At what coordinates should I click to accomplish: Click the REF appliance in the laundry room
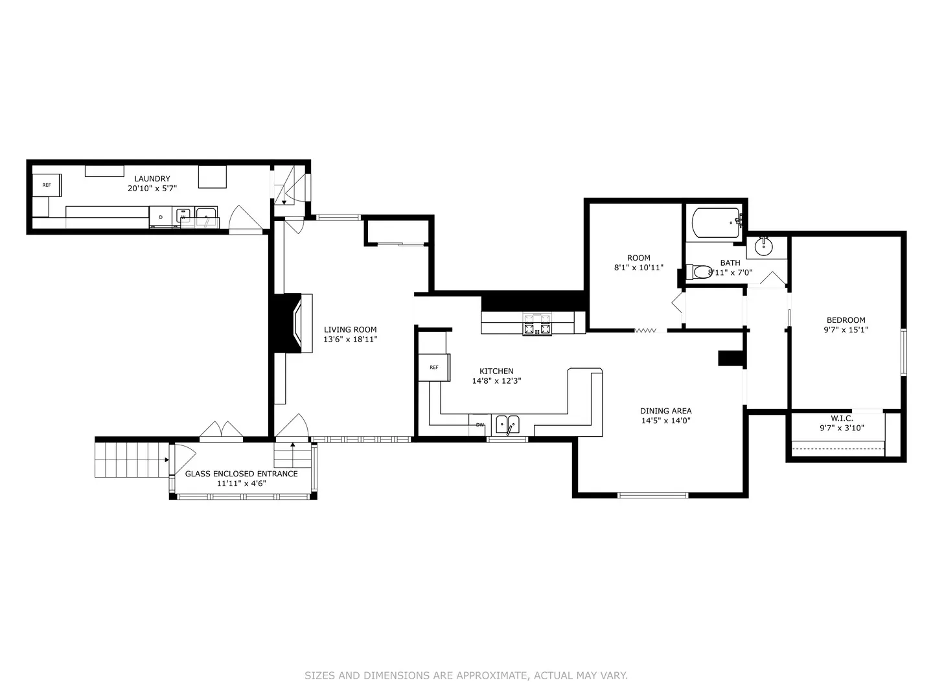[x=47, y=185]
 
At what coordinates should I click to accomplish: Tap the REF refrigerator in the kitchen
[x=434, y=367]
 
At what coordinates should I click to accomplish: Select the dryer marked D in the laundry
[x=161, y=217]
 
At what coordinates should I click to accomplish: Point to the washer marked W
[x=183, y=216]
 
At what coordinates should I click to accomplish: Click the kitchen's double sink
[x=507, y=425]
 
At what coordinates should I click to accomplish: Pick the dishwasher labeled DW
[x=480, y=425]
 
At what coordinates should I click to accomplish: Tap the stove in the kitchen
[x=537, y=325]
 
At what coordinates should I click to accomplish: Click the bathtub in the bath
[x=716, y=223]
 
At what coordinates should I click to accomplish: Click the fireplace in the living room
[x=294, y=323]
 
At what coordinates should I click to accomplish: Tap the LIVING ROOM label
[x=351, y=329]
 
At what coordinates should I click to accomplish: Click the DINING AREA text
[x=665, y=411]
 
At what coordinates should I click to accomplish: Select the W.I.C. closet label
[x=842, y=419]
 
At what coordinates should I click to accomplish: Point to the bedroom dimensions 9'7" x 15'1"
[x=846, y=329]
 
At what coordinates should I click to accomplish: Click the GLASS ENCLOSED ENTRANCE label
[x=242, y=474]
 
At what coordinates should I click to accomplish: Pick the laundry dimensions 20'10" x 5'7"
[x=152, y=188]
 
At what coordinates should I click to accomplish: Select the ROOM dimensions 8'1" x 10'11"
[x=638, y=268]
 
